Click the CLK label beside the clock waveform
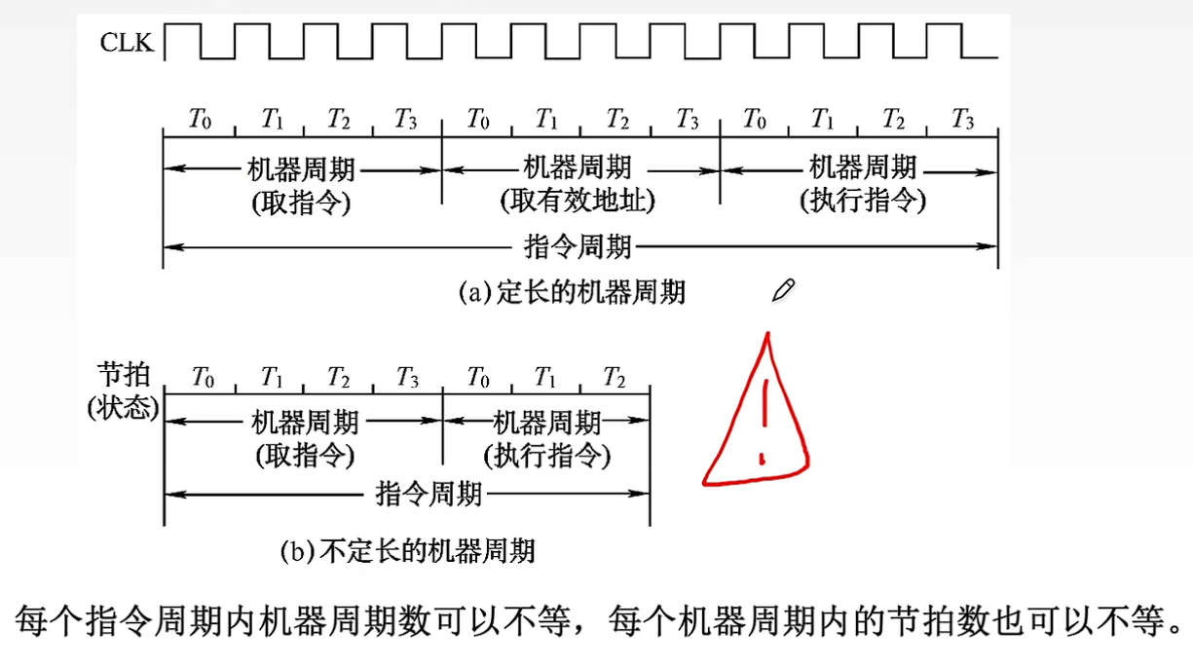pos(127,43)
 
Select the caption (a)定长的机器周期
pos(572,292)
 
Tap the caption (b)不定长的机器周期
pos(407,552)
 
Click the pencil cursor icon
pos(783,289)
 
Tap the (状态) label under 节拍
pos(122,407)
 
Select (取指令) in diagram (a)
pos(301,204)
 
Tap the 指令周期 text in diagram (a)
pos(578,246)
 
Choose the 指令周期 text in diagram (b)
pos(429,496)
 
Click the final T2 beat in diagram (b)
pos(615,378)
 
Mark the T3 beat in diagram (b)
pos(406,378)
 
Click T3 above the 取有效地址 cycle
pos(688,121)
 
